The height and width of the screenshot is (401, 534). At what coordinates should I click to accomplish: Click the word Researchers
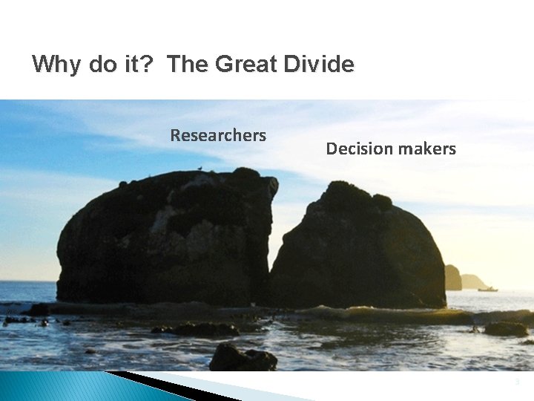click(x=218, y=135)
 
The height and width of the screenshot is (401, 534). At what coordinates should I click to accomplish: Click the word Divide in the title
click(x=320, y=65)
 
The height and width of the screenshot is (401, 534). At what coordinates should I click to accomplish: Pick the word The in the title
click(x=188, y=65)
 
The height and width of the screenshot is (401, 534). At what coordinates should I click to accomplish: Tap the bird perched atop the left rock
click(x=199, y=170)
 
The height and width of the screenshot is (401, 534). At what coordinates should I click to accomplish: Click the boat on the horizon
click(x=487, y=288)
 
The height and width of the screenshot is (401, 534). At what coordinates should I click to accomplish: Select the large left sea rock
click(x=163, y=238)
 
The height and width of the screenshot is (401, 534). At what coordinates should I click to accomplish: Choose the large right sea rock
click(x=360, y=249)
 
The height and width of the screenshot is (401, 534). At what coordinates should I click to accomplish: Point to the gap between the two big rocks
click(x=271, y=245)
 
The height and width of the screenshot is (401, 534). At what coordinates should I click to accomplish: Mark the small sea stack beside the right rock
click(x=452, y=277)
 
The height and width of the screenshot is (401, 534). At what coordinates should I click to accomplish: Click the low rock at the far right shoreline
click(x=506, y=328)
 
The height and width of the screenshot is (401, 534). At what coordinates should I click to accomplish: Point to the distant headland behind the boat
click(x=473, y=281)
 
